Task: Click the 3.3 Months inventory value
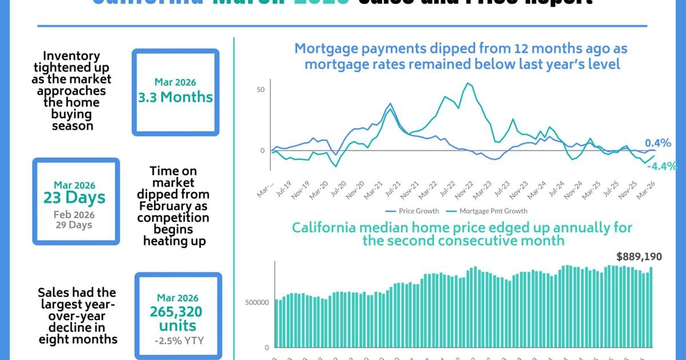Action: tap(175, 97)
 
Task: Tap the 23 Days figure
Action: tap(74, 198)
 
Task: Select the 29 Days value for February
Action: tap(74, 225)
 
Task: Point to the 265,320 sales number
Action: tap(177, 312)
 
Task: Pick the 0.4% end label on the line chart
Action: tap(657, 143)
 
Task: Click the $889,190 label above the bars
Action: tap(635, 257)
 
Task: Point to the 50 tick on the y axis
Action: tap(261, 90)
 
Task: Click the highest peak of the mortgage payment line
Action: tap(468, 83)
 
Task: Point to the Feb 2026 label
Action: tap(74, 215)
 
